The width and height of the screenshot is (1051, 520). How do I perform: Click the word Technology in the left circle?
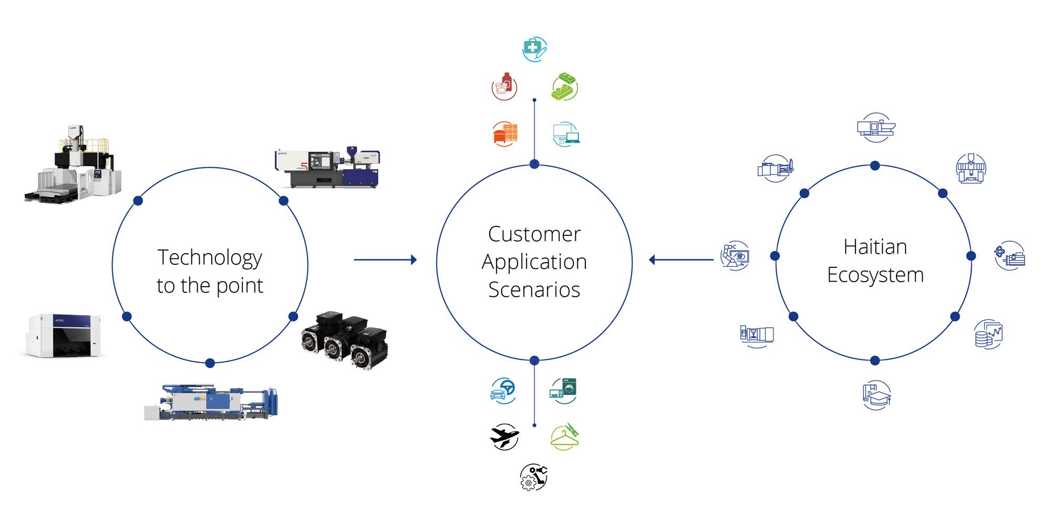pyautogui.click(x=210, y=258)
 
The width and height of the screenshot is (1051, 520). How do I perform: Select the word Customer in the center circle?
pyautogui.click(x=534, y=234)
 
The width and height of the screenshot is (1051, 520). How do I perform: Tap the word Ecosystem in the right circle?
pyautogui.click(x=875, y=275)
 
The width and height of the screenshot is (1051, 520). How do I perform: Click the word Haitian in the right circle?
pyautogui.click(x=875, y=247)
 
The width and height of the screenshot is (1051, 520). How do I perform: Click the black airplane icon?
pyautogui.click(x=504, y=436)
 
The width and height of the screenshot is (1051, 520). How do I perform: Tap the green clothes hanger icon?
pyautogui.click(x=564, y=436)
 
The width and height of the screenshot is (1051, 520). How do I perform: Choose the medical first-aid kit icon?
pyautogui.click(x=534, y=49)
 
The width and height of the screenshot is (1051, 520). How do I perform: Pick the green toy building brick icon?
pyautogui.click(x=564, y=87)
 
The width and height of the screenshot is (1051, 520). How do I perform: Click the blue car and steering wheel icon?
pyautogui.click(x=503, y=390)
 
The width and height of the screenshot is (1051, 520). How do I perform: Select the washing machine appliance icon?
pyautogui.click(x=563, y=390)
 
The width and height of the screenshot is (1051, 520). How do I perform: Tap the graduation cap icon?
pyautogui.click(x=876, y=395)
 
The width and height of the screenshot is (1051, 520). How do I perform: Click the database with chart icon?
pyautogui.click(x=988, y=334)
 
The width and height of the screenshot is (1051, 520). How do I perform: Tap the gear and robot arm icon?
pyautogui.click(x=533, y=477)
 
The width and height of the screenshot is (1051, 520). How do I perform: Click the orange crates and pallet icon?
pyautogui.click(x=505, y=133)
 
